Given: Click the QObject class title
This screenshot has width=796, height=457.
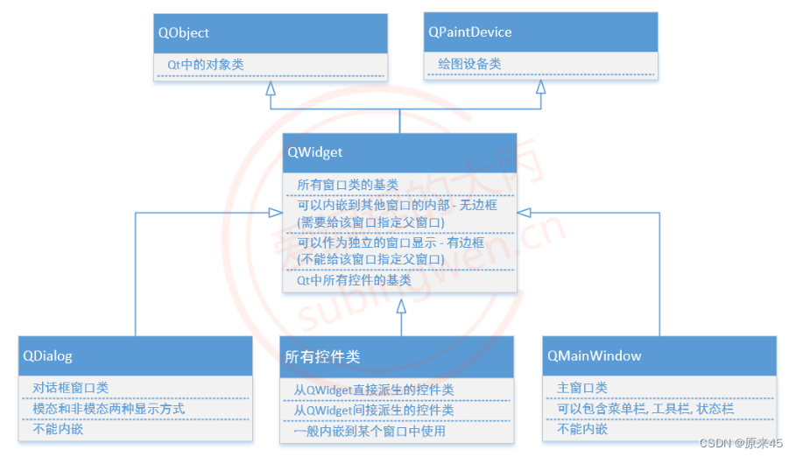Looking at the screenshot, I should [x=184, y=32].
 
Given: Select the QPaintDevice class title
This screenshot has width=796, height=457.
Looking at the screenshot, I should [x=469, y=32].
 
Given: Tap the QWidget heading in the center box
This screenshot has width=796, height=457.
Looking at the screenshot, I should [x=315, y=152].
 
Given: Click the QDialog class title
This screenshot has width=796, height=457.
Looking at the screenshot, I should [x=47, y=356].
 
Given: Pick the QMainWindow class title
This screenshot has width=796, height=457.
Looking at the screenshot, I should [x=595, y=356].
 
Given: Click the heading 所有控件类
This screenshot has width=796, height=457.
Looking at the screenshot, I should [x=322, y=357].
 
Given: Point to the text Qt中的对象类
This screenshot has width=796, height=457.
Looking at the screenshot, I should [x=206, y=65].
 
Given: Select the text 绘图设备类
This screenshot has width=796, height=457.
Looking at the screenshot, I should [x=469, y=65].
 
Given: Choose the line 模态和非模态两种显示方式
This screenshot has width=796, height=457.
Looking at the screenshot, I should [x=109, y=409].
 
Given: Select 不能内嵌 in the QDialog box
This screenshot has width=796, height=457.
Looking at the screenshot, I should [x=57, y=430].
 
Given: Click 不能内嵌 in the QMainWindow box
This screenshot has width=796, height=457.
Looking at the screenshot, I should [x=582, y=430].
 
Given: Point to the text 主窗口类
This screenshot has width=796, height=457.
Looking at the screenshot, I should [x=582, y=388].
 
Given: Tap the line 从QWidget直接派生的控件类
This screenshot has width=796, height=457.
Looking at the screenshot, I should [x=373, y=390].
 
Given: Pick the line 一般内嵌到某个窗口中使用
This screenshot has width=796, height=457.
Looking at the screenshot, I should [x=369, y=431].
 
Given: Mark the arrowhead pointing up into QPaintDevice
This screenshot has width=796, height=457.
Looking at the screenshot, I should [x=541, y=88].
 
